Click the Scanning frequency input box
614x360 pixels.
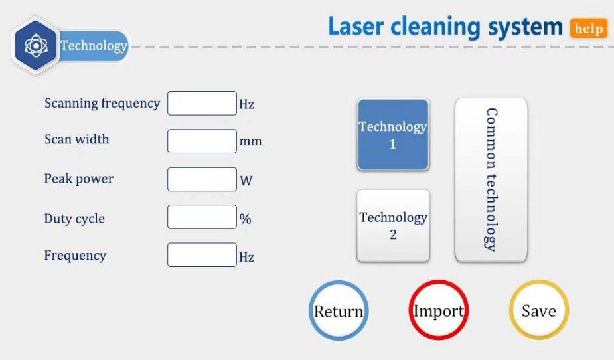pyautogui.click(x=202, y=104)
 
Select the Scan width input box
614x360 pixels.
pyautogui.click(x=202, y=141)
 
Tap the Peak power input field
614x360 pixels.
pyautogui.click(x=202, y=179)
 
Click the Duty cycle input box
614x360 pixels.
pyautogui.click(x=202, y=217)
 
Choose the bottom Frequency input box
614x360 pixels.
pyautogui.click(x=202, y=255)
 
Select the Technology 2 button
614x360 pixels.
pyautogui.click(x=393, y=226)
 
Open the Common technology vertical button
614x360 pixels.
pyautogui.click(x=491, y=180)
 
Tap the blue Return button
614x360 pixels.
pyautogui.click(x=339, y=311)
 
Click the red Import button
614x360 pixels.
pyautogui.click(x=439, y=310)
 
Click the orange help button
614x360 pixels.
pyautogui.click(x=589, y=29)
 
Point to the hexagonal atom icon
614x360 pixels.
pyautogui.click(x=36, y=46)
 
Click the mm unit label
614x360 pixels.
pyautogui.click(x=251, y=141)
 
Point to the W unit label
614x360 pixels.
pyautogui.click(x=246, y=181)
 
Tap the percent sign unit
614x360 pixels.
pyautogui.click(x=245, y=219)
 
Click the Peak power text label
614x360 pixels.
pyautogui.click(x=79, y=179)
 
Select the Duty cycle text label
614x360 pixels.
pyautogui.click(x=74, y=219)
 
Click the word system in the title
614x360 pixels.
pyautogui.click(x=525, y=27)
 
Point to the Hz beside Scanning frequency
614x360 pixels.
pyautogui.click(x=247, y=104)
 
